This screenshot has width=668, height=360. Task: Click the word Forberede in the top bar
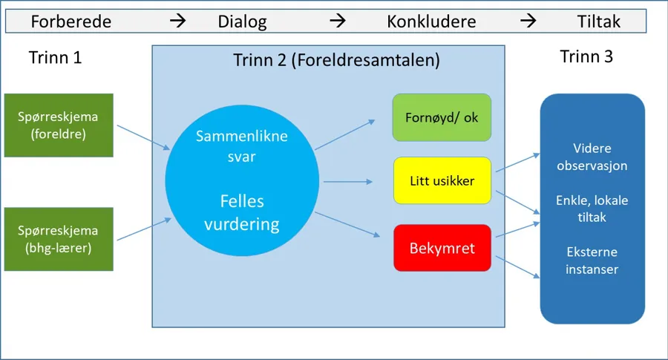coord(71,22)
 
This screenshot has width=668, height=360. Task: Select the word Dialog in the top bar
coord(242,22)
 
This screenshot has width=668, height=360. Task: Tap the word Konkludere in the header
coord(431,22)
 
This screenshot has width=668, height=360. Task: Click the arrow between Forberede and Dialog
coord(178,21)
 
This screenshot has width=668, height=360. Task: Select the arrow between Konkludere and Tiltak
coord(528,21)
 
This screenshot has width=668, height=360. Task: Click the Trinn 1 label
coord(55,58)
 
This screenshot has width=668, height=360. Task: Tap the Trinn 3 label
coord(586,57)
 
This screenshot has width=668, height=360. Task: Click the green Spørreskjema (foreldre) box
coord(59,125)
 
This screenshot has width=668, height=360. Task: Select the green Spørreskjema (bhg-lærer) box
coord(59,239)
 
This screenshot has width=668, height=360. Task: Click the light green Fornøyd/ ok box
coord(442,117)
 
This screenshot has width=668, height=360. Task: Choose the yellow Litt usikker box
coord(442,180)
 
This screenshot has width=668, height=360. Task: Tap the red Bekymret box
coord(442,247)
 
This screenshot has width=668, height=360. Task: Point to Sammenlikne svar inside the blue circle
coord(241,145)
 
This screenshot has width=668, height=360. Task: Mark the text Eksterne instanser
coord(592,261)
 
